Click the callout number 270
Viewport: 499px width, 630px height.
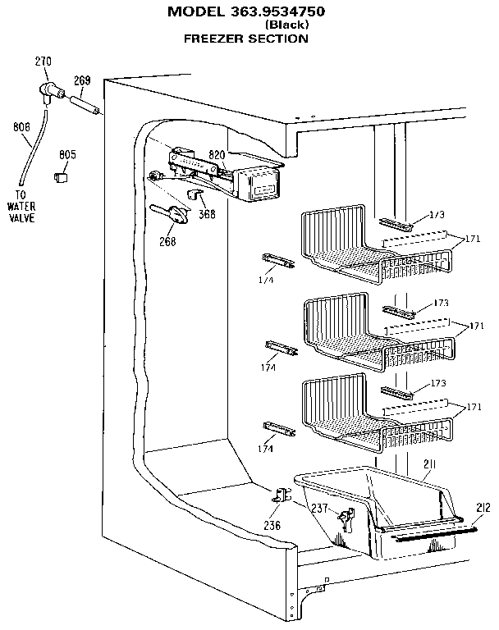pos(43,61)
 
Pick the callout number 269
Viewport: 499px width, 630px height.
pos(82,80)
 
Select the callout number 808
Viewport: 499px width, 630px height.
pos(21,126)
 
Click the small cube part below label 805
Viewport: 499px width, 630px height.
pos(60,175)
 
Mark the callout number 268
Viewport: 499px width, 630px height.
pos(168,241)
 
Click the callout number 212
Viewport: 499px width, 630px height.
pos(483,509)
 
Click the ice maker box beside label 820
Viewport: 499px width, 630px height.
pos(261,184)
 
